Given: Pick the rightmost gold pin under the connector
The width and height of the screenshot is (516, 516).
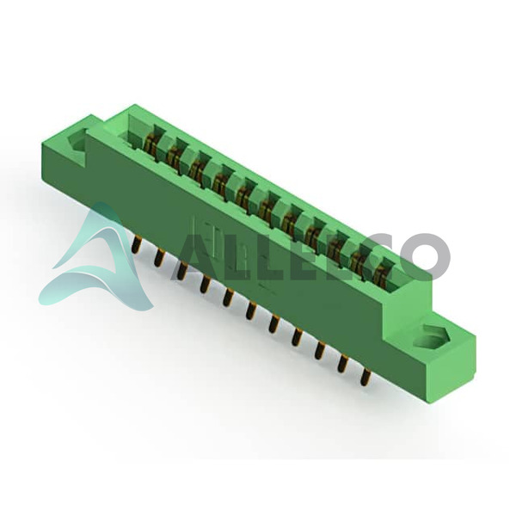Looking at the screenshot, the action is tap(365, 378).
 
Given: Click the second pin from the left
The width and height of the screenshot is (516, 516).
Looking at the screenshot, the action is tap(158, 258).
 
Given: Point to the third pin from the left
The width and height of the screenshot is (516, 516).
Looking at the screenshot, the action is tap(181, 271).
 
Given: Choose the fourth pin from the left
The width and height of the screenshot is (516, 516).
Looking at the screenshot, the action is tap(204, 285).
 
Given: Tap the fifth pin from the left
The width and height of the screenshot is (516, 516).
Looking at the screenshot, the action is tap(227, 298).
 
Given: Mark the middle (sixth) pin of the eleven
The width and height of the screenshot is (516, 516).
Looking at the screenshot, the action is tap(250, 310).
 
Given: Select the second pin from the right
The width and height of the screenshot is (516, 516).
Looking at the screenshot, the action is tap(342, 363).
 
